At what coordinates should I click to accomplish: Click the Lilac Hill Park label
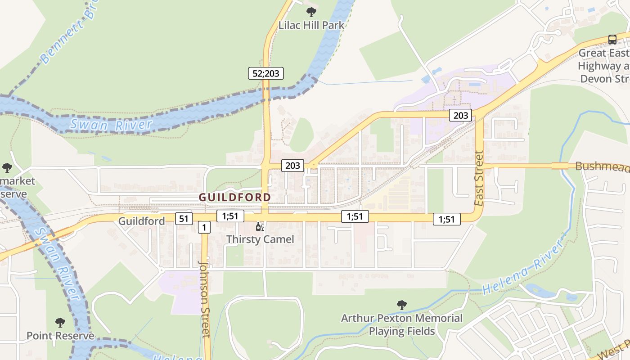click(311, 25)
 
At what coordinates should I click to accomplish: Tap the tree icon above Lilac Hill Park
click(311, 12)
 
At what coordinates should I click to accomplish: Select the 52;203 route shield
click(266, 73)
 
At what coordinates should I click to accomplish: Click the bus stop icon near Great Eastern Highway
click(612, 39)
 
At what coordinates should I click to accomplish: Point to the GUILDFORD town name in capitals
click(235, 197)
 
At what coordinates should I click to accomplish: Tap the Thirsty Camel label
click(260, 239)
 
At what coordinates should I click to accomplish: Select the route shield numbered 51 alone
click(184, 219)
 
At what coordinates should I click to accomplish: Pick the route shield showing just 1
click(204, 228)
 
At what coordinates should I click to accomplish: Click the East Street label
click(479, 179)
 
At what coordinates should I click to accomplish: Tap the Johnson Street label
click(205, 299)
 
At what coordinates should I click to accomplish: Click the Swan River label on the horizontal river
click(111, 124)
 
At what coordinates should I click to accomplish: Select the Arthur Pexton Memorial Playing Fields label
click(401, 325)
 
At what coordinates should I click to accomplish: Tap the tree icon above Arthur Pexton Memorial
click(401, 305)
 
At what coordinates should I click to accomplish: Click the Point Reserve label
click(60, 336)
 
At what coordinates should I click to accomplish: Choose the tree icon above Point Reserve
click(60, 323)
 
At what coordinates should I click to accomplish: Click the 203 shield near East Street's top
click(460, 116)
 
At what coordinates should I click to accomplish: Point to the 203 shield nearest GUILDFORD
click(292, 166)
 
